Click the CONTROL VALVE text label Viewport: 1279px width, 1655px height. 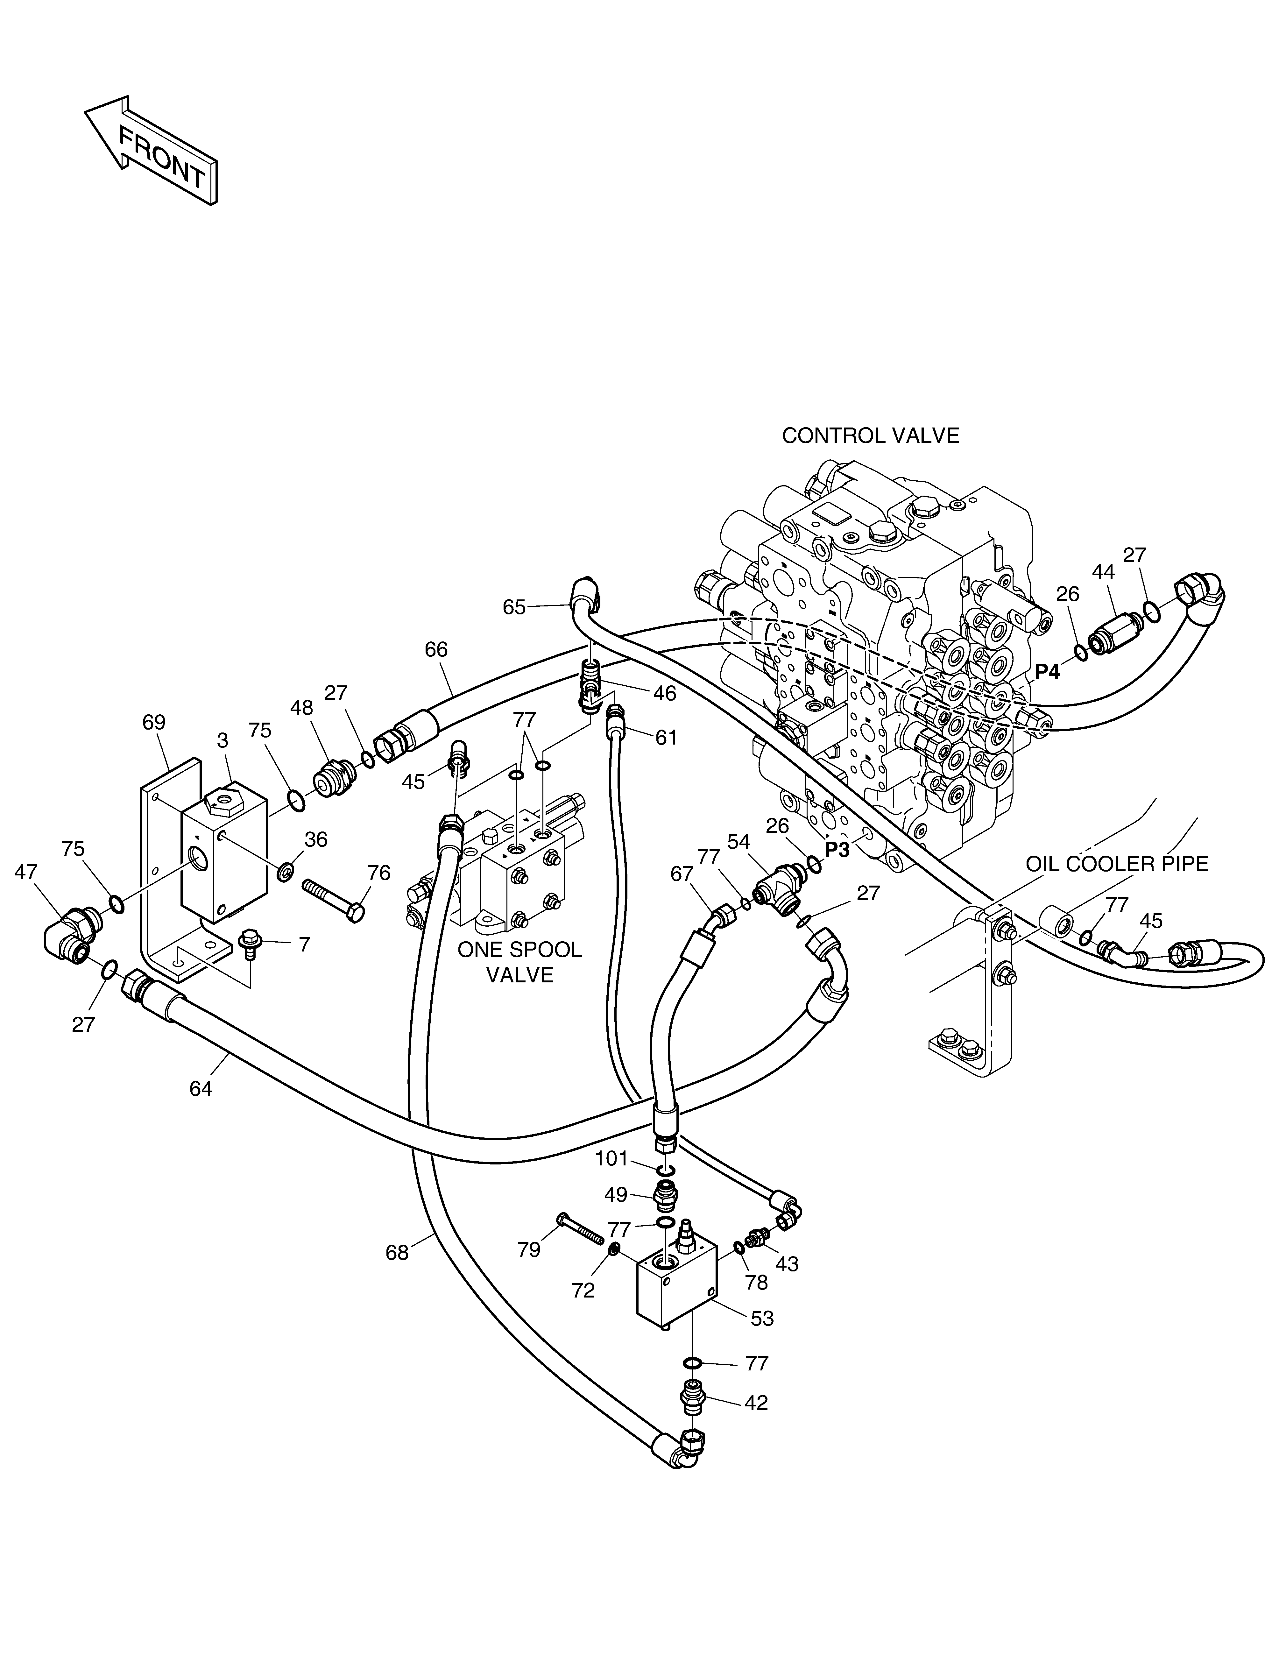click(x=871, y=436)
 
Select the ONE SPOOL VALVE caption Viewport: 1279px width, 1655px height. click(x=520, y=962)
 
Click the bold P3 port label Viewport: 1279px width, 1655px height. click(x=837, y=850)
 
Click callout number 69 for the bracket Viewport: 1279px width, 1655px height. click(x=154, y=722)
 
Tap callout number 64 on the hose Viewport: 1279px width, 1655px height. click(x=201, y=1089)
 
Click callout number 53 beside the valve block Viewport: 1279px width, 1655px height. click(x=762, y=1319)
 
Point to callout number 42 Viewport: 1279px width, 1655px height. click(x=756, y=1403)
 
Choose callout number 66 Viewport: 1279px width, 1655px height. click(x=436, y=649)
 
